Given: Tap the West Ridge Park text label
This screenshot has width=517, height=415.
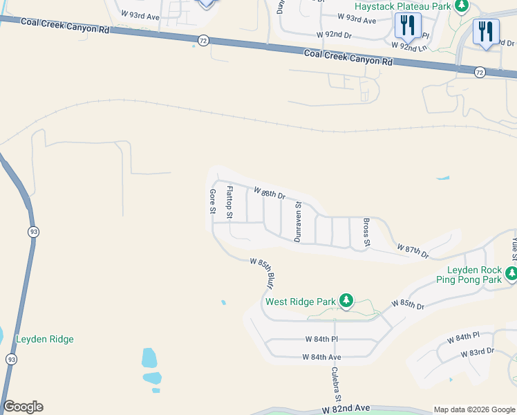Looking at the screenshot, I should pos(300,302).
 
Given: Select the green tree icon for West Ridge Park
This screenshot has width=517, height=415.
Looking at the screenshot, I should pos(346,301).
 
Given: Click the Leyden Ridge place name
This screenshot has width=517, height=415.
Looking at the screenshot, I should pos(44,339).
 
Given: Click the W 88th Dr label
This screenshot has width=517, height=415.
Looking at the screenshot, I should pos(270,193).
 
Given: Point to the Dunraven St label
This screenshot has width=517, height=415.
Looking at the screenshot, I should pos(298,221).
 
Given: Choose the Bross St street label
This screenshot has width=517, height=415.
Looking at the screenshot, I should pos(367,234).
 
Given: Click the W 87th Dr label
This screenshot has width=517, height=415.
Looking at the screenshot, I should pos(413,250).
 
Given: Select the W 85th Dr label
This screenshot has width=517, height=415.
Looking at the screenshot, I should pos(407,303).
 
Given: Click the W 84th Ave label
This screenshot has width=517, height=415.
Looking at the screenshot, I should pos(322,357).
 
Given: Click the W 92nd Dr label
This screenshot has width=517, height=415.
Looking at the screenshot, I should pos(335,34).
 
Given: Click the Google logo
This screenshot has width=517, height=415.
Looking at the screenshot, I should pos(23,407).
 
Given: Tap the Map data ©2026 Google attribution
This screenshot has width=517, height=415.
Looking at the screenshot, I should pos(473,409).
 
